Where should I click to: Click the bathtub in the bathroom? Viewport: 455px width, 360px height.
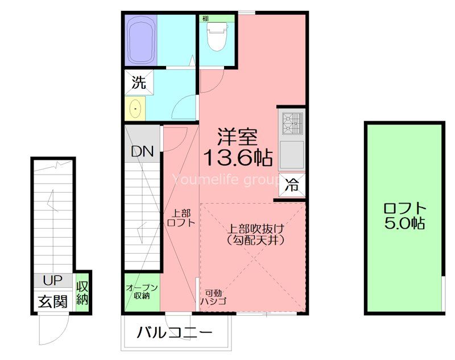pyautogui.click(x=140, y=40)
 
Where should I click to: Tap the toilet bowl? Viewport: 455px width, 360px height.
pyautogui.click(x=217, y=37)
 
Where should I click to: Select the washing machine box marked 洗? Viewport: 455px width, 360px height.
pyautogui.click(x=139, y=82)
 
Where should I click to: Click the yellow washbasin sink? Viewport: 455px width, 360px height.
pyautogui.click(x=135, y=109)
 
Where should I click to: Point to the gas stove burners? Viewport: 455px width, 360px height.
pyautogui.click(x=292, y=123)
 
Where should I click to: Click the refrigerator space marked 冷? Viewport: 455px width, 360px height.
pyautogui.click(x=292, y=185)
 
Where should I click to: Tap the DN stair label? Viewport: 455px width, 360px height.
pyautogui.click(x=142, y=151)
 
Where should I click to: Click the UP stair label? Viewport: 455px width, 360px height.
pyautogui.click(x=52, y=280)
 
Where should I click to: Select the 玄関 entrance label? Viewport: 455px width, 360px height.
pyautogui.click(x=53, y=301)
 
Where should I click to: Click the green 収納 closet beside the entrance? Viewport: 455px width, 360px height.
pyautogui.click(x=82, y=293)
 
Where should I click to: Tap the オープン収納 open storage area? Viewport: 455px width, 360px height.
pyautogui.click(x=142, y=292)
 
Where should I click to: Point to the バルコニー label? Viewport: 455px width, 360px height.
pyautogui.click(x=175, y=333)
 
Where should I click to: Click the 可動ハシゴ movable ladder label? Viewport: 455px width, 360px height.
pyautogui.click(x=214, y=297)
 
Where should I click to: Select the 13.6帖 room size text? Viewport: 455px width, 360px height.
pyautogui.click(x=238, y=158)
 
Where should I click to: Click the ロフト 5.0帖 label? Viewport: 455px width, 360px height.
pyautogui.click(x=405, y=216)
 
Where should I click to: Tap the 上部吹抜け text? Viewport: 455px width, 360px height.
pyautogui.click(x=255, y=229)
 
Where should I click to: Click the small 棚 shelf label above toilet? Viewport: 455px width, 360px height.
pyautogui.click(x=205, y=19)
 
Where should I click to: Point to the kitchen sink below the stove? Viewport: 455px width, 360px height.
pyautogui.click(x=292, y=155)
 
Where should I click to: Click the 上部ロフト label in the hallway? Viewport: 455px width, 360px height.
pyautogui.click(x=181, y=218)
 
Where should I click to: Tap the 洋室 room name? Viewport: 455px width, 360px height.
pyautogui.click(x=237, y=137)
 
